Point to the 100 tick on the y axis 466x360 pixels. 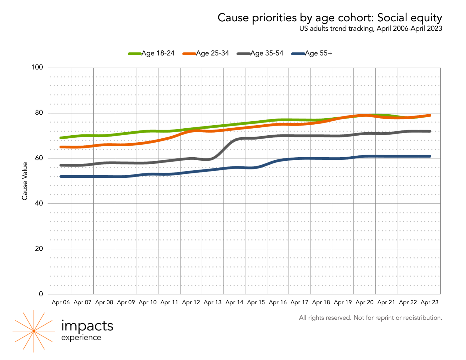[37, 67]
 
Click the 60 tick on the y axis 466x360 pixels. [39, 158]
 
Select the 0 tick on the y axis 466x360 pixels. [41, 294]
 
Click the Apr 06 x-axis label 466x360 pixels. [61, 302]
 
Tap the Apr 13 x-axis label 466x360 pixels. [213, 302]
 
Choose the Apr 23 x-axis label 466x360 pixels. [429, 302]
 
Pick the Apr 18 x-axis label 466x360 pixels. [321, 302]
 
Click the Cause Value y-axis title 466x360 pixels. [25, 181]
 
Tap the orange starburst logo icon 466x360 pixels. [34, 331]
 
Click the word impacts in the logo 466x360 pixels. [87, 326]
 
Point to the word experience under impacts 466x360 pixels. [81, 338]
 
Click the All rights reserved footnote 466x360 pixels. [370, 318]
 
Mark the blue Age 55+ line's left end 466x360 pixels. [61, 176]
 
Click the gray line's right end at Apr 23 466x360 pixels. [430, 131]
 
